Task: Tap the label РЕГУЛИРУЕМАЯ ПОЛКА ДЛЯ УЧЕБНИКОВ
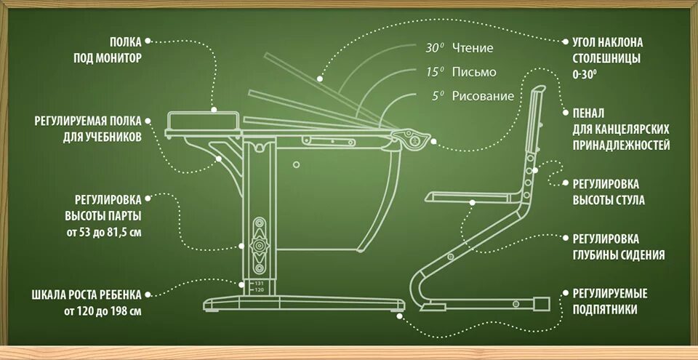88,128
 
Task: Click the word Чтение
473,49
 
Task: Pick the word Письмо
474,72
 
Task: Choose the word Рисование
483,96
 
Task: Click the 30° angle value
434,49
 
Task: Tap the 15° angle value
434,72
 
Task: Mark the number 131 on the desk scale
259,283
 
